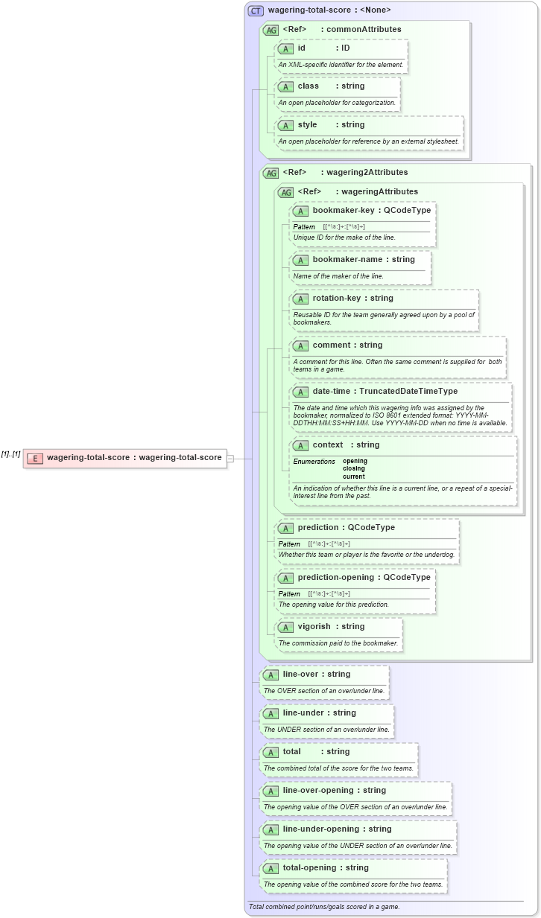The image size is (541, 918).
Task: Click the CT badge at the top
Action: tap(256, 10)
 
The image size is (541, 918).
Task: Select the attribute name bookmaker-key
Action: tap(344, 210)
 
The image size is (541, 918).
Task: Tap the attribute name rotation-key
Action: tap(337, 298)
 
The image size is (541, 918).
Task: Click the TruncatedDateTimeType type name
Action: tap(407, 391)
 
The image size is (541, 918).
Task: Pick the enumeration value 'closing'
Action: tap(355, 468)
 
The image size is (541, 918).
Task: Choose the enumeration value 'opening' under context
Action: tap(355, 461)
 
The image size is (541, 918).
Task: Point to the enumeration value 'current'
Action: tap(355, 476)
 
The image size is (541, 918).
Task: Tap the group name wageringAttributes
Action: tap(379, 191)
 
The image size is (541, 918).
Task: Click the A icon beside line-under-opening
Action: tap(270, 829)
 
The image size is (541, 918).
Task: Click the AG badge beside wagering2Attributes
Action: tap(270, 173)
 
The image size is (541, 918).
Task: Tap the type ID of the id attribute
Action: tap(346, 48)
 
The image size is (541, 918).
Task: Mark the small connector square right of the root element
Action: tap(230, 458)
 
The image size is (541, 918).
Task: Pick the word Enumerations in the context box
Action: tap(314, 462)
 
